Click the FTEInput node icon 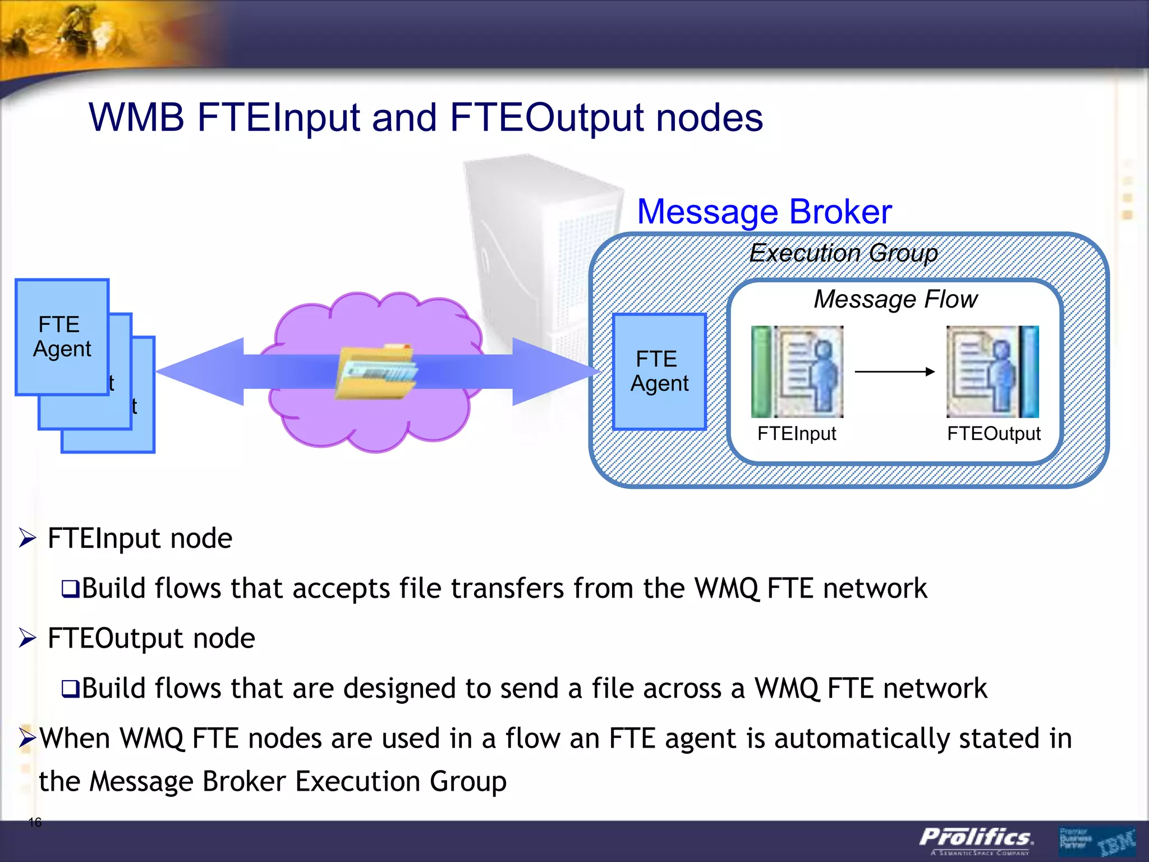[797, 372]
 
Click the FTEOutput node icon [992, 372]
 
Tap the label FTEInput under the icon [796, 434]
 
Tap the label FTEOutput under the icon [994, 434]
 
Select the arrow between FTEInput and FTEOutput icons [894, 372]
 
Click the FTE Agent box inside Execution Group [659, 372]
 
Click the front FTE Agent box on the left [62, 337]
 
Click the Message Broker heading [764, 212]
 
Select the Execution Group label [843, 253]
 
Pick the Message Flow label [895, 299]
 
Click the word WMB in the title [136, 118]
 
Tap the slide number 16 [35, 823]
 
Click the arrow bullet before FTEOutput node [27, 638]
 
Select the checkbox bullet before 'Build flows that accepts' [70, 589]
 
